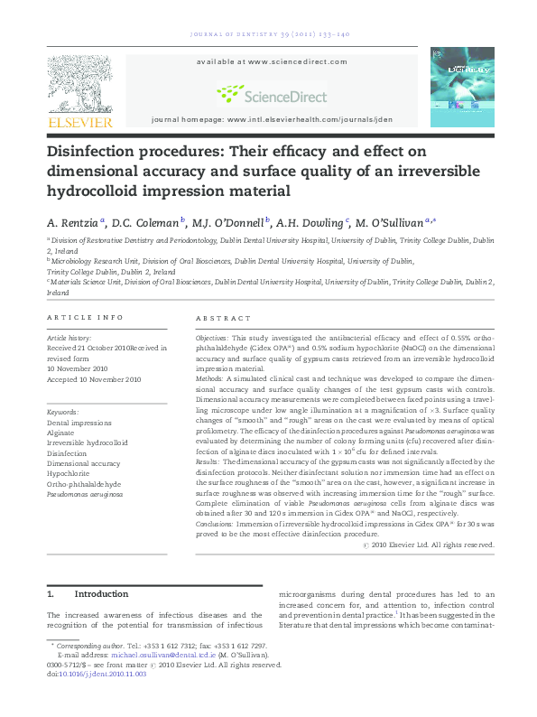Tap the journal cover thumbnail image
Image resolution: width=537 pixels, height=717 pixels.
(x=461, y=87)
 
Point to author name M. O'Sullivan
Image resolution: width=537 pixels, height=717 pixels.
(x=392, y=221)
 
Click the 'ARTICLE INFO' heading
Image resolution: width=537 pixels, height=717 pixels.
(x=85, y=318)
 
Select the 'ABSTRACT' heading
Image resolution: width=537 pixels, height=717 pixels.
(x=224, y=318)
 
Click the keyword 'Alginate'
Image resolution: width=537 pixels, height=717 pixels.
(x=61, y=431)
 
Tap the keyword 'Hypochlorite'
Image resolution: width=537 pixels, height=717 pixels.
(x=69, y=473)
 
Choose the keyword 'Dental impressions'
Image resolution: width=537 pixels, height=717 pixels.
(x=79, y=421)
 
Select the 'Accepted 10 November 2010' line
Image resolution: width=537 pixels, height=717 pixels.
(x=95, y=379)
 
